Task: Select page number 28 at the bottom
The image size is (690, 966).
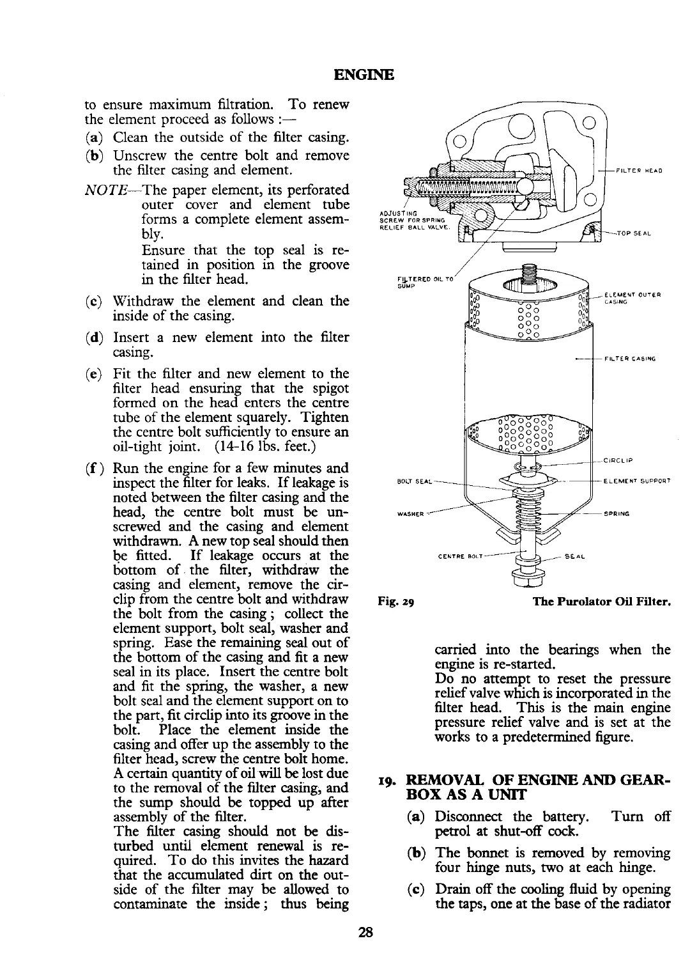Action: [365, 931]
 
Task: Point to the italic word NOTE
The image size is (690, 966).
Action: [105, 191]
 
